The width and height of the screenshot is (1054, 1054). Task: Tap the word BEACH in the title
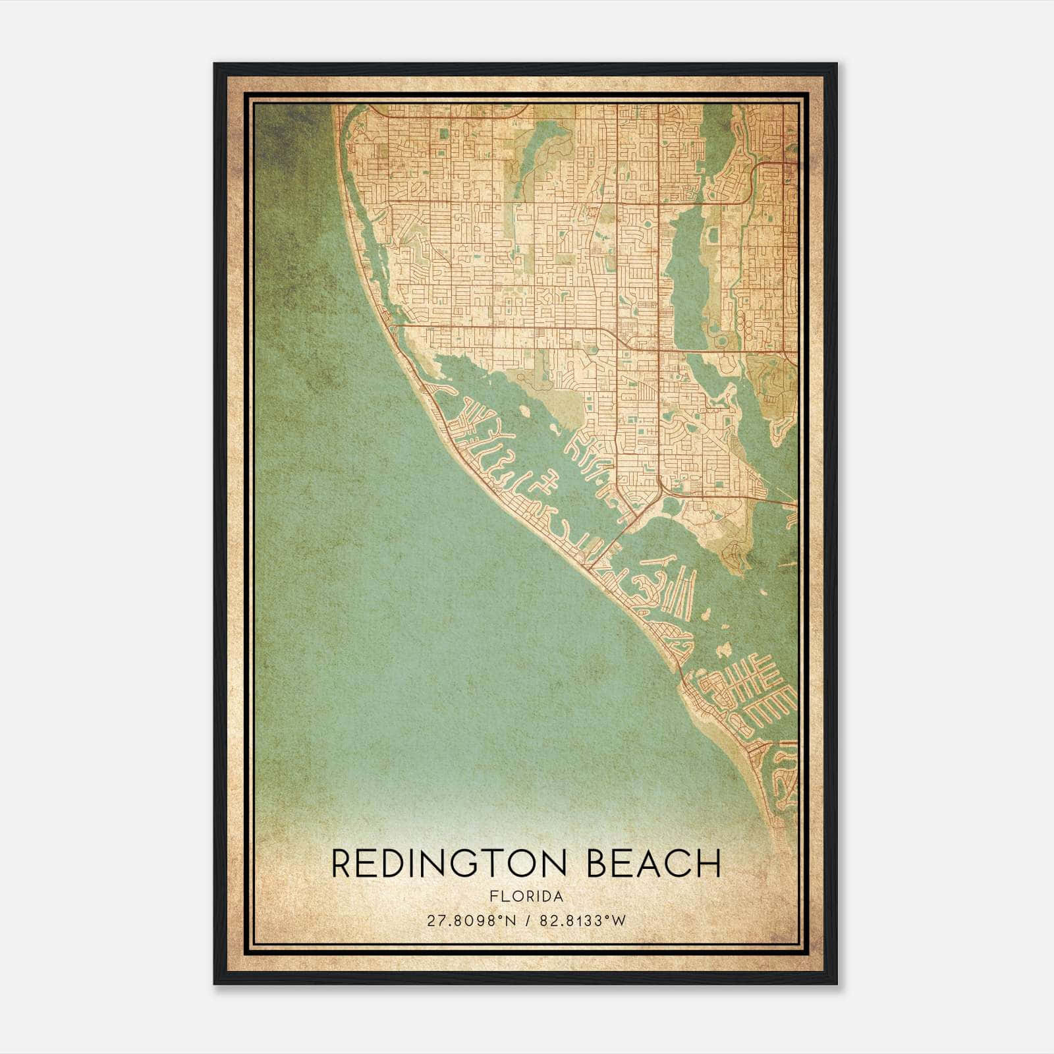coord(653,864)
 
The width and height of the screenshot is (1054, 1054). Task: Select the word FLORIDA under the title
coord(526,897)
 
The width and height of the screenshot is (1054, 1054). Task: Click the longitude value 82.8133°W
coord(582,921)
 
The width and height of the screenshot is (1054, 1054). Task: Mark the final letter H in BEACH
coord(709,864)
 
